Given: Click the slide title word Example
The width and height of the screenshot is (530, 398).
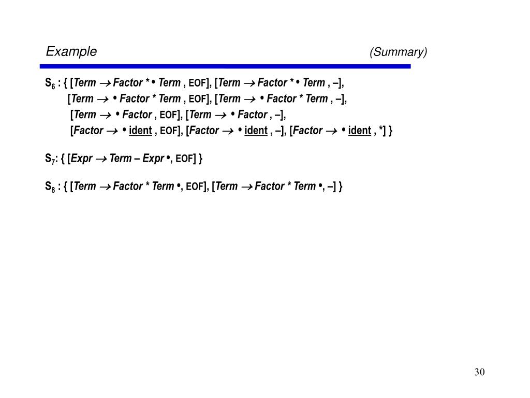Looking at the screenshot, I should [71, 52].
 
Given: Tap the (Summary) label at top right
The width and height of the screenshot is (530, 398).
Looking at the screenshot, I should [398, 52].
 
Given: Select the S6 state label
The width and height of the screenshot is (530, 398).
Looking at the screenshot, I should [50, 83].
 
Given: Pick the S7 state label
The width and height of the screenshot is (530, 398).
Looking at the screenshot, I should [49, 159].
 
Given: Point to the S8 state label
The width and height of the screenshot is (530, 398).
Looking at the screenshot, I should [50, 187].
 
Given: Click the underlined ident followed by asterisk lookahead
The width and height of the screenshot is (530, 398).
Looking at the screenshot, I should [359, 131].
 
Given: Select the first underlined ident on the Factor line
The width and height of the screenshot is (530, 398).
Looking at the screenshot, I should [140, 131].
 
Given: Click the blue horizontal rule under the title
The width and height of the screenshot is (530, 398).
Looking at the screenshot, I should [225, 66].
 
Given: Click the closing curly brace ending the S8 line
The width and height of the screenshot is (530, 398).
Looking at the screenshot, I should [341, 187].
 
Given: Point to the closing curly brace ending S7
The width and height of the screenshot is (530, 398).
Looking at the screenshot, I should [200, 159].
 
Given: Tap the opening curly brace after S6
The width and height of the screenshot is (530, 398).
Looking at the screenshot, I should [65, 83].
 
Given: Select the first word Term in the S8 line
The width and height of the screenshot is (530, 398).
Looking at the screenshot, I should [85, 187].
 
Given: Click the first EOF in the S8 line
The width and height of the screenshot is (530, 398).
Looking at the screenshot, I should [195, 187].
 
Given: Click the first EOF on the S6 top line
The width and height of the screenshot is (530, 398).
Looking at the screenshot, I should [197, 83].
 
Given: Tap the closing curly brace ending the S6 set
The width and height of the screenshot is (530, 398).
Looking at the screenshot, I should [391, 131].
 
